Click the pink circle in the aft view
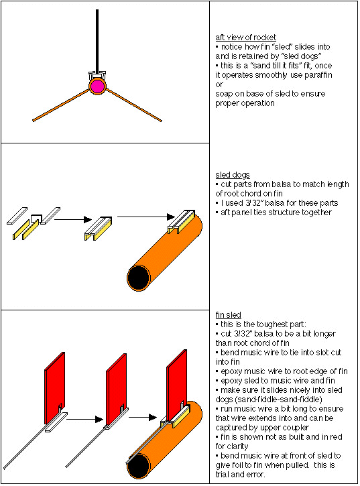(x=97, y=86)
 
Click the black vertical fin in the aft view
(x=97, y=41)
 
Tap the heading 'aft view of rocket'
(x=245, y=38)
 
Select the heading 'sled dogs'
(x=233, y=175)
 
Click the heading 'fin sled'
(x=228, y=315)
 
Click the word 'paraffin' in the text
(x=318, y=75)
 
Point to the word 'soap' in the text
(x=224, y=95)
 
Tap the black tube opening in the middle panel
(x=139, y=278)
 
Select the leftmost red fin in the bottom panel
(x=54, y=387)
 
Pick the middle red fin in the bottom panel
(x=116, y=389)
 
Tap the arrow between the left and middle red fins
(x=84, y=420)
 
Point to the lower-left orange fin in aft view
(x=61, y=105)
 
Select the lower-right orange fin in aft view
(x=133, y=105)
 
